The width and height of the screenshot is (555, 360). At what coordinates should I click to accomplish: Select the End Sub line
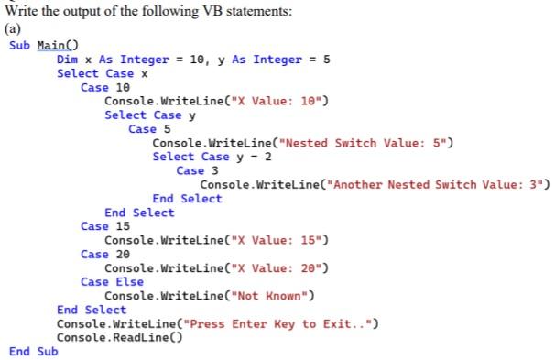tap(33, 351)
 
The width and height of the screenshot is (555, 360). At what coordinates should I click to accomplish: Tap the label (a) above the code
tap(14, 27)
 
